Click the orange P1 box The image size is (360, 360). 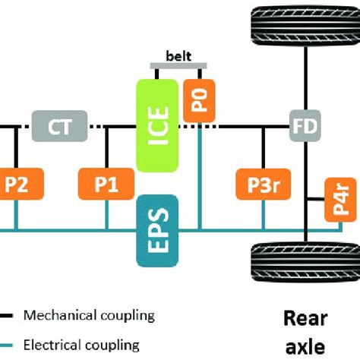pos(106,184)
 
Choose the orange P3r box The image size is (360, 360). pos(264,184)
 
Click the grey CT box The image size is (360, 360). pos(60,125)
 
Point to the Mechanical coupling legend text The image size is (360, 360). pos(89,314)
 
